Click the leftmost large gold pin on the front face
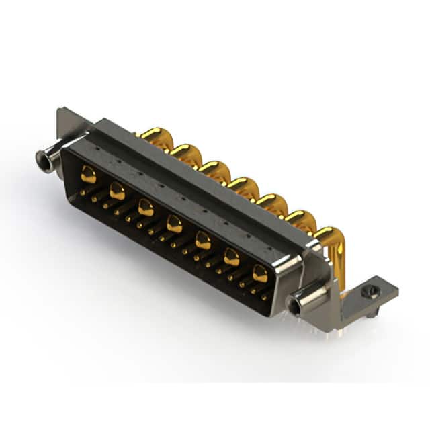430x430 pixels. pyautogui.click(x=89, y=176)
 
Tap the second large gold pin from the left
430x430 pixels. pyautogui.click(x=117, y=191)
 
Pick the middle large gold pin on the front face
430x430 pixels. pyautogui.click(x=175, y=224)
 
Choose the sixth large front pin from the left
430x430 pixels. pyautogui.click(x=231, y=257)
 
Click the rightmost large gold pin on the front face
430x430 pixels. pyautogui.click(x=260, y=273)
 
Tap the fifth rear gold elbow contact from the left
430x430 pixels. pyautogui.click(x=272, y=203)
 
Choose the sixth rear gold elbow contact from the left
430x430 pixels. pyautogui.click(x=300, y=220)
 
